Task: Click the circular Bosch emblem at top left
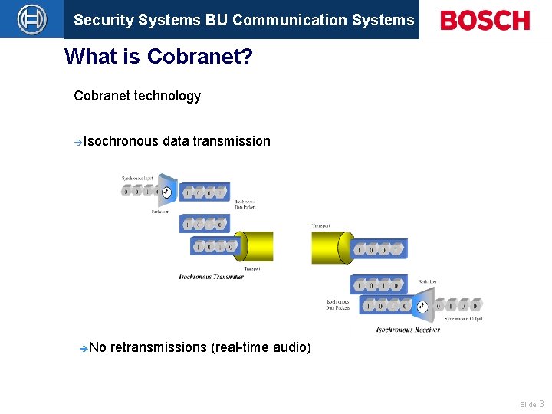point(31,19)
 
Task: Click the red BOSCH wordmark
point(485,21)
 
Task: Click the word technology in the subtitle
point(167,96)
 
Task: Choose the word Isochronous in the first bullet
point(121,141)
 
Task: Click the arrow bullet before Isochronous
point(78,142)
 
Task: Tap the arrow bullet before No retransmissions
point(84,348)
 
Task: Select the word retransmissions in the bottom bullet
point(158,348)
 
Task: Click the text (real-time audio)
point(261,348)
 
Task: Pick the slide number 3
point(541,403)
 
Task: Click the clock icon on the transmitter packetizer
point(166,192)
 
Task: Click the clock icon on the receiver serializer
point(421,306)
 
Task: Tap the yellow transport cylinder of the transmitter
point(254,246)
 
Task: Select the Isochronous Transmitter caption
point(211,277)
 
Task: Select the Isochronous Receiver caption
point(408,330)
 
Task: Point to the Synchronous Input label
point(137,179)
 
